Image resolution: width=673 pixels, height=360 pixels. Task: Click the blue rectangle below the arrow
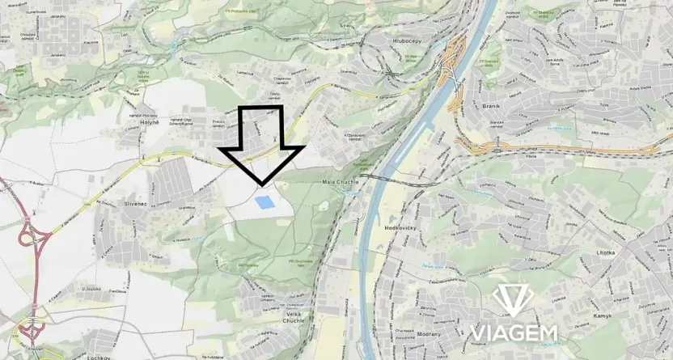pyautogui.click(x=264, y=201)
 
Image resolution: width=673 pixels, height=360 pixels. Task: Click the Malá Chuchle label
pyautogui.click(x=340, y=182)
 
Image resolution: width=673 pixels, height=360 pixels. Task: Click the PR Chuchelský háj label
pyautogui.click(x=301, y=260)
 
